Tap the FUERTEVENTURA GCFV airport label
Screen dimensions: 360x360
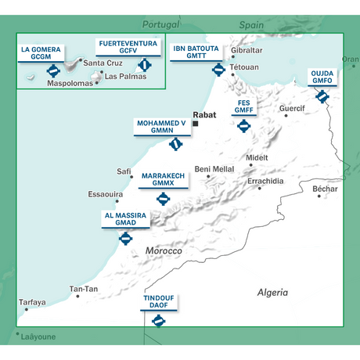[126, 46]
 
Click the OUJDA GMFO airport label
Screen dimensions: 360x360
[322, 77]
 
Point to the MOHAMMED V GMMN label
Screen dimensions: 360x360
[161, 128]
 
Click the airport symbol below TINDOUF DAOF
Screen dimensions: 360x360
[159, 321]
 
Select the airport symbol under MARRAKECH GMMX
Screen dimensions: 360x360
[163, 198]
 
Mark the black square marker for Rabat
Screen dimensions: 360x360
[196, 124]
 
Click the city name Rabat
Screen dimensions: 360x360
[203, 114]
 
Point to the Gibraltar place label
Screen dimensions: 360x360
[247, 51]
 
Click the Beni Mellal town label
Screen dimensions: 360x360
[214, 168]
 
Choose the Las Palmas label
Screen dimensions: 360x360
[124, 77]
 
